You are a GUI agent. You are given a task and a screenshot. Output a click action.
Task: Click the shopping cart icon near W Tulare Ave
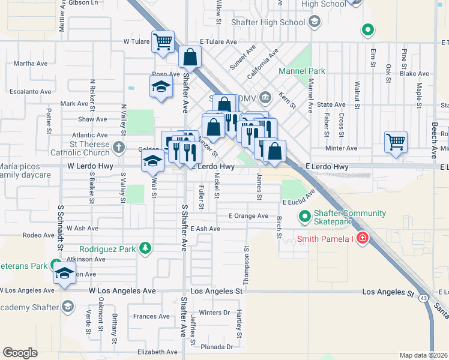[163, 41]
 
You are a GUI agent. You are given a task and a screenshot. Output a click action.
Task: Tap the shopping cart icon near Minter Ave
[396, 143]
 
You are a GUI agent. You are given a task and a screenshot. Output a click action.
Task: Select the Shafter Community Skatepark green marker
[305, 216]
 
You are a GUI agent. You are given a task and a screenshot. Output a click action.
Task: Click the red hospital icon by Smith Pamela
[362, 239]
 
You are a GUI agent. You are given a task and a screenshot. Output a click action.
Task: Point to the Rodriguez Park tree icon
[144, 248]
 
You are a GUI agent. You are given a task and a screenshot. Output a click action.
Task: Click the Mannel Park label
[302, 71]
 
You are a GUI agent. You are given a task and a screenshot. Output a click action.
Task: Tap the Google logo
[20, 353]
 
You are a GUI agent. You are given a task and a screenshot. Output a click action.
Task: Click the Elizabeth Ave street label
[158, 352]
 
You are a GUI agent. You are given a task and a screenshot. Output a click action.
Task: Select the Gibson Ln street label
[83, 2]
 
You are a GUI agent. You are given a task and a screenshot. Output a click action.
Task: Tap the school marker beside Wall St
[152, 161]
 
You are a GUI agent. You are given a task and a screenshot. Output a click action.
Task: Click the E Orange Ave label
[249, 215]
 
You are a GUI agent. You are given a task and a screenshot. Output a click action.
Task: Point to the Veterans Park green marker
[56, 265]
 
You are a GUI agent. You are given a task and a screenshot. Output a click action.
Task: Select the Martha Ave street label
[31, 63]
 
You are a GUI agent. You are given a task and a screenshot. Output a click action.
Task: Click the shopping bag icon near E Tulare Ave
[190, 58]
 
